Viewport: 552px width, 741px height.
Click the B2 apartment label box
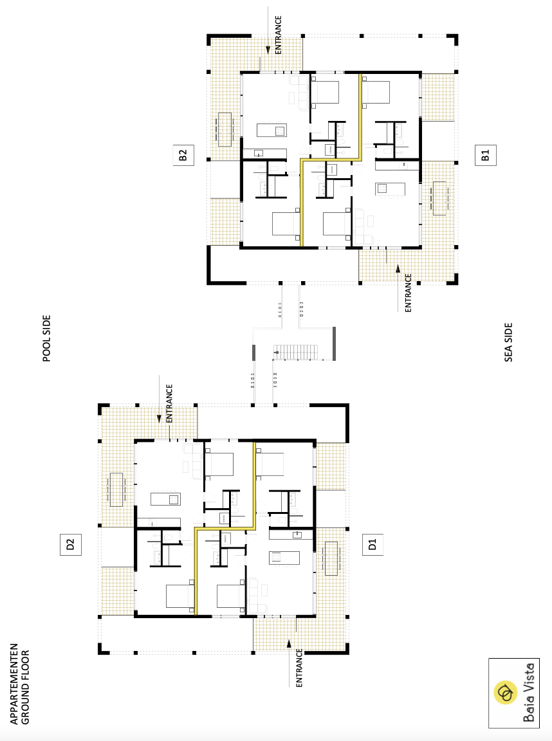pos(183,155)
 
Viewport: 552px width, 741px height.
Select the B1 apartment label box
pos(485,155)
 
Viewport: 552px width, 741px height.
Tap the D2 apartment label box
pos(70,544)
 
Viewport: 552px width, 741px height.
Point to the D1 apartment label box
pos(373,544)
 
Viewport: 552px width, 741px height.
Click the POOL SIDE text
pos(46,338)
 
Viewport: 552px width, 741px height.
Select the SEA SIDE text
pos(508,343)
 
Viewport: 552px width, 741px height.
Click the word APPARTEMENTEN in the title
pos(14,683)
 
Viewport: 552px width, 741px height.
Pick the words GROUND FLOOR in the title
pos(26,688)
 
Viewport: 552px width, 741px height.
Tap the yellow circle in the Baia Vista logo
pos(506,693)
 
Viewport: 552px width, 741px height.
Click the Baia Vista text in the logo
pos(529,692)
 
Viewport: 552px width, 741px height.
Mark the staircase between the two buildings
pos(296,352)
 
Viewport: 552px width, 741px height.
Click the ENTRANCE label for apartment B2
pos(279,35)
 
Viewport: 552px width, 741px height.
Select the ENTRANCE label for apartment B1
pos(409,293)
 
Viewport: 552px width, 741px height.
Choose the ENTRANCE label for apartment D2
pos(169,403)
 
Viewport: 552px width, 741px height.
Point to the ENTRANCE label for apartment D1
pos(299,668)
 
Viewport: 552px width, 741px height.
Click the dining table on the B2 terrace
pos(225,129)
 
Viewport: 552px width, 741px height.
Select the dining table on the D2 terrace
pos(116,489)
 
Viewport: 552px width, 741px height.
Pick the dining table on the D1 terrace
pos(331,558)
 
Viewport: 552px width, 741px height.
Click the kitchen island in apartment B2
pos(271,130)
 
